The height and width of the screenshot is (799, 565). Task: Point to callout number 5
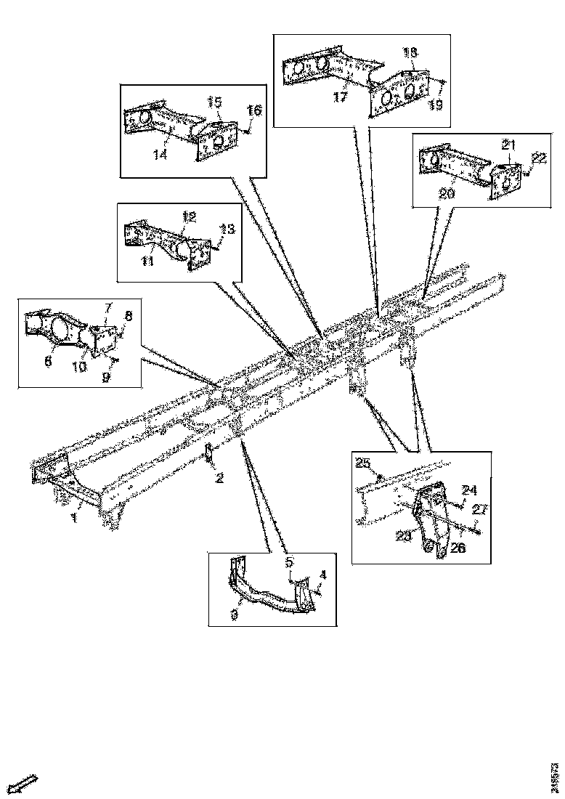(x=288, y=561)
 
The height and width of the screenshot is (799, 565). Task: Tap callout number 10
(x=79, y=366)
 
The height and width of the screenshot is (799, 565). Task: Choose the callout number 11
(x=147, y=261)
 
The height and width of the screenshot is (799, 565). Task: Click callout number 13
(x=227, y=229)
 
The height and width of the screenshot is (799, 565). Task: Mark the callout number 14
(x=160, y=154)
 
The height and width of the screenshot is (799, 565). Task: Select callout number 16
(x=253, y=110)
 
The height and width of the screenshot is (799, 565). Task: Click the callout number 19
(x=434, y=105)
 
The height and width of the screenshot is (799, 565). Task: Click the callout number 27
(x=479, y=509)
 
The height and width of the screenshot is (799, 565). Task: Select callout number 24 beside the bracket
(x=470, y=488)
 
